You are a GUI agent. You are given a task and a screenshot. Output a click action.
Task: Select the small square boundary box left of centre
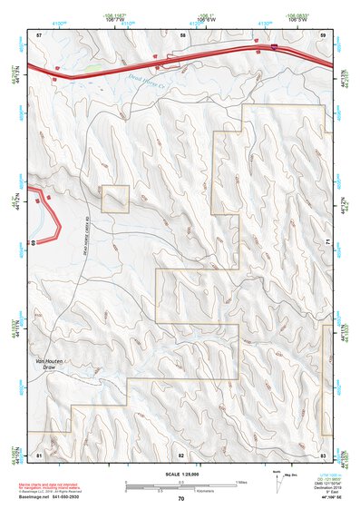coord(115,199)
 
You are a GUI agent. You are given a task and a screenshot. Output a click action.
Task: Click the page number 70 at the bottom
coord(181,499)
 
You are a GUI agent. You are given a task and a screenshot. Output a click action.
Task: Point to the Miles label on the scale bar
coord(240,482)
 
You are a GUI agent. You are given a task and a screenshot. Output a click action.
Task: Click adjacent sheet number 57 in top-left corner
coord(39,34)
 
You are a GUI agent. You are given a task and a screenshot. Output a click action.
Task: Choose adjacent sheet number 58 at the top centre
coord(182,34)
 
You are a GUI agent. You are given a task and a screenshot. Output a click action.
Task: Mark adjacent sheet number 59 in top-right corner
coord(323,34)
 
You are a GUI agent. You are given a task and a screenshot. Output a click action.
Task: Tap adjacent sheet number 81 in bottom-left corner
coord(39,454)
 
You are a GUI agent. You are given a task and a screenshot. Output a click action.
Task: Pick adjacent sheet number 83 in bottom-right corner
coord(323,454)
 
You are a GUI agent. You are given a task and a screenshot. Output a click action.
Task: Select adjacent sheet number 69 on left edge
coord(33,242)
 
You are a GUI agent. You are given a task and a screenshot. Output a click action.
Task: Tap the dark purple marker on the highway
coord(274,44)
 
